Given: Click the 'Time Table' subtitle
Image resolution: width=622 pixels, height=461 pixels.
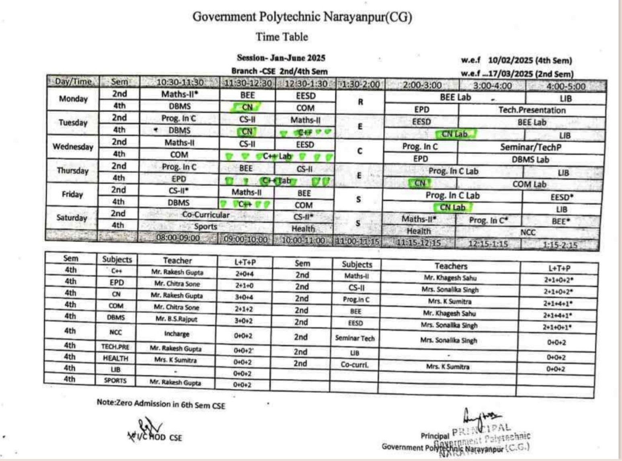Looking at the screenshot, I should pyautogui.click(x=282, y=37).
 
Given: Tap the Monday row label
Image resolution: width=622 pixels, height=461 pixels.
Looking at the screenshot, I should pyautogui.click(x=73, y=99).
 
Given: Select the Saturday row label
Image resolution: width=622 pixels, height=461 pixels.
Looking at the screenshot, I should pyautogui.click(x=72, y=217).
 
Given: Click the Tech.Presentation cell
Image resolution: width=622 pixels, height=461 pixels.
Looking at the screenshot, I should pyautogui.click(x=532, y=110).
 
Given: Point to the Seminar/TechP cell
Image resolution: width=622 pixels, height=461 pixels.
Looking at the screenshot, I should pyautogui.click(x=530, y=147).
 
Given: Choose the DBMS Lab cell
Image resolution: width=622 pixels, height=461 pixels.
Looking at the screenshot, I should pyautogui.click(x=530, y=160).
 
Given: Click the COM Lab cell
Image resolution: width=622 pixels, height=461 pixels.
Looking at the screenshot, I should pyautogui.click(x=529, y=184).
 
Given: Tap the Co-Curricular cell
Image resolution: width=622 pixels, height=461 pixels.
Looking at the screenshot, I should pyautogui.click(x=205, y=215).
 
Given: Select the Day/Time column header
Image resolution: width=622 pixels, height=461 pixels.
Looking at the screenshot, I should pyautogui.click(x=73, y=82).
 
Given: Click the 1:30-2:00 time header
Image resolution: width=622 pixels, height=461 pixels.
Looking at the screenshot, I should pyautogui.click(x=360, y=84).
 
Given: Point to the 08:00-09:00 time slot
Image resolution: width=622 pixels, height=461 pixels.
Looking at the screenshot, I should pyautogui.click(x=178, y=238).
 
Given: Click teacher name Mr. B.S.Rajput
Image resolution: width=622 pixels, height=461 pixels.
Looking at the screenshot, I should pyautogui.click(x=177, y=319).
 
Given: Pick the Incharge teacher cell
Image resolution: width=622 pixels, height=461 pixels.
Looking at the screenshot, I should pyautogui.click(x=177, y=334).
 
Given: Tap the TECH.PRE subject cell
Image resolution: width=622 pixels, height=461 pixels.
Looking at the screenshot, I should pyautogui.click(x=115, y=346).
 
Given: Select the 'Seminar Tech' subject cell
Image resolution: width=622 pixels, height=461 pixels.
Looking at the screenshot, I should pyautogui.click(x=355, y=338).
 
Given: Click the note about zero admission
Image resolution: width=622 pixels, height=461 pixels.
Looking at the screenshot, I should pyautogui.click(x=161, y=404).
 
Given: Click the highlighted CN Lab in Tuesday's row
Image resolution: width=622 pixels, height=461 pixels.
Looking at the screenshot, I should pyautogui.click(x=454, y=134).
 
